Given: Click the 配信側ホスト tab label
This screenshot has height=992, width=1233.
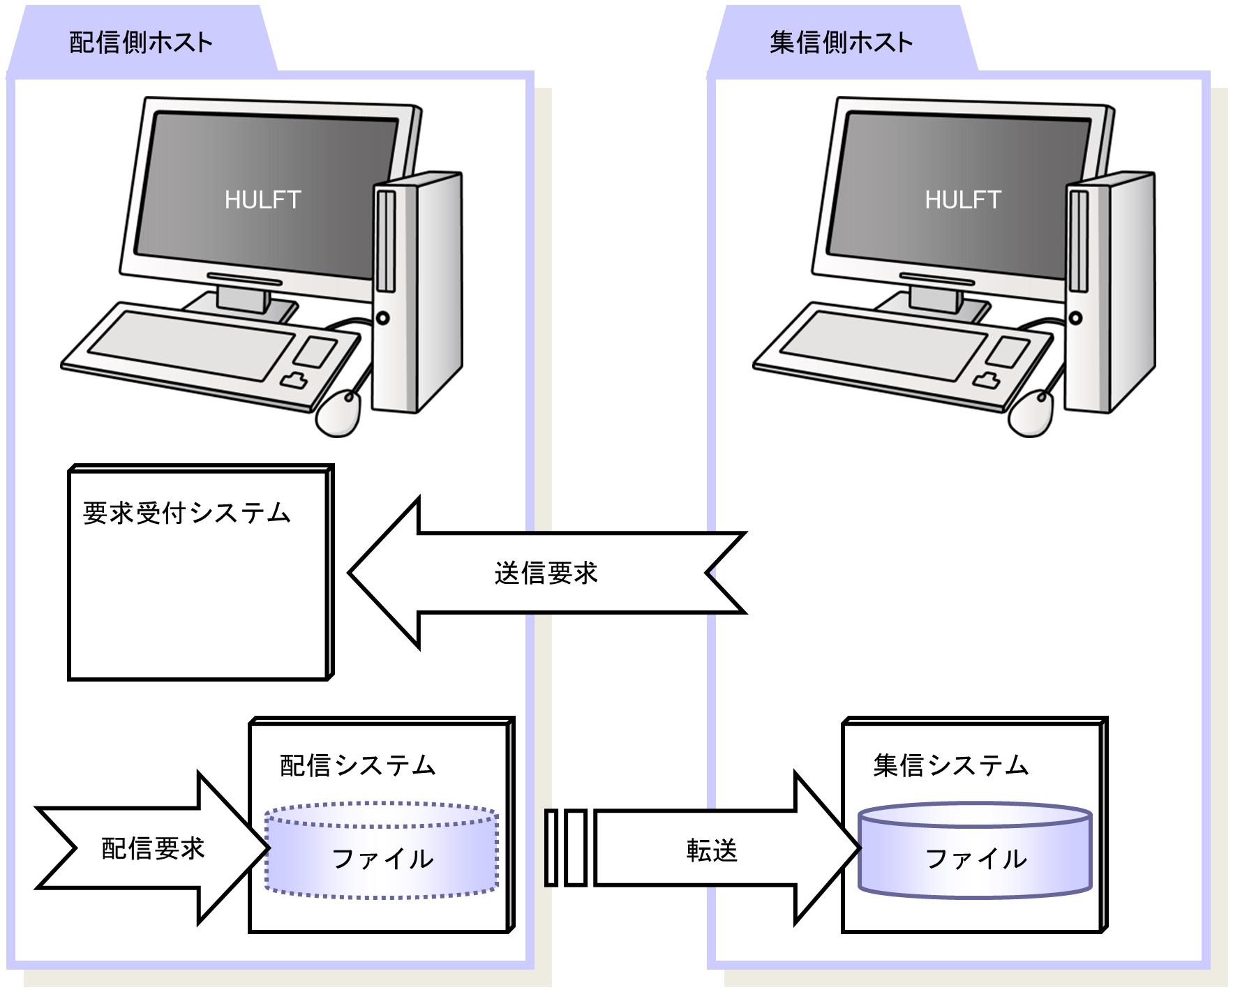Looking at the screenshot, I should click(141, 43).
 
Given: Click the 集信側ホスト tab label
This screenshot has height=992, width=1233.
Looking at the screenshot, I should click(841, 43).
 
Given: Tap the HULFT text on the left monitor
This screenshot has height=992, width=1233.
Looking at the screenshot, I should click(262, 200).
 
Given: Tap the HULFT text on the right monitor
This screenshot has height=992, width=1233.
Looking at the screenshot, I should click(963, 200).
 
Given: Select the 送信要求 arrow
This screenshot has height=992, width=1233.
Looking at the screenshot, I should click(546, 573).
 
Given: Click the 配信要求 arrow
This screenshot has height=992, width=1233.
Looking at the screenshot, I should click(153, 848).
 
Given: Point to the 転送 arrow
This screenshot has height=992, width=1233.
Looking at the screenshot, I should click(712, 850).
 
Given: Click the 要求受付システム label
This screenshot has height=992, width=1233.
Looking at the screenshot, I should click(186, 513).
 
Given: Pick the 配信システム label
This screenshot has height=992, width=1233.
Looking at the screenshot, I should click(357, 765).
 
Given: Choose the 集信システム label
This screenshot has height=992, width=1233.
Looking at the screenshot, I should click(950, 765).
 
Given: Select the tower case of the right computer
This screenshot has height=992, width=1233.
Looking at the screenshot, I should click(1111, 293).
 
